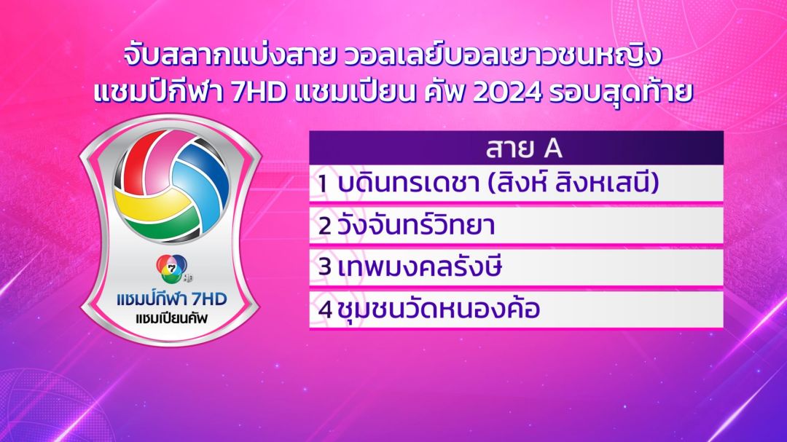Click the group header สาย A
tap(523, 149)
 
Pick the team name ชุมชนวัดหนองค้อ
tap(439, 307)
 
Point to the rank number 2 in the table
tap(325, 226)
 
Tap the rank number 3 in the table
tap(325, 267)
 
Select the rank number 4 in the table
tap(325, 309)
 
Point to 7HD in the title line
tap(259, 92)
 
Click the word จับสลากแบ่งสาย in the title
tap(230, 57)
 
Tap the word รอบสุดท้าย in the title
tap(621, 91)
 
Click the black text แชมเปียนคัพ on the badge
tap(172, 318)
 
